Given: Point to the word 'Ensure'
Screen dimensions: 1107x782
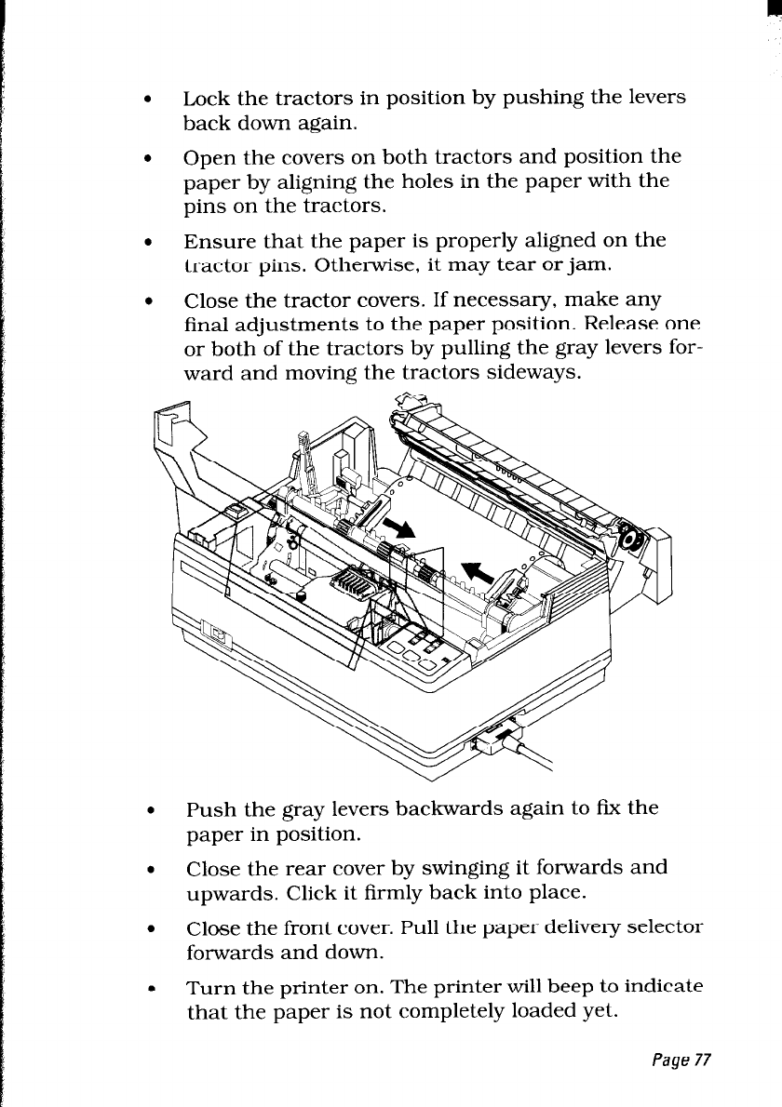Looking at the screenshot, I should click(x=214, y=241).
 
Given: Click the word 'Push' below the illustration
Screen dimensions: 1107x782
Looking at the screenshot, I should click(x=210, y=808).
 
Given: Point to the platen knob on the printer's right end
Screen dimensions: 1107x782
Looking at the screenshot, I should click(x=631, y=540).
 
